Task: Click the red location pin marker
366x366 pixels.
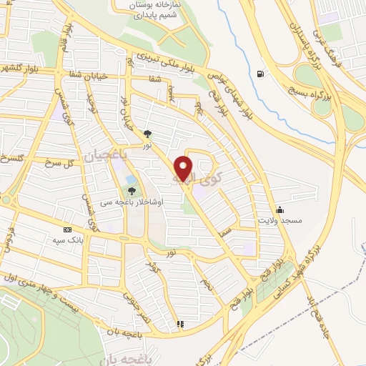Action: (x=184, y=169)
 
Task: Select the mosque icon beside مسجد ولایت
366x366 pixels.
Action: (x=279, y=209)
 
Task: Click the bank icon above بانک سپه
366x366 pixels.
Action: (x=68, y=229)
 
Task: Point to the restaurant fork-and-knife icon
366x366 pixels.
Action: (x=180, y=325)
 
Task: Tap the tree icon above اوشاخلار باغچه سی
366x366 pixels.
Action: (x=132, y=191)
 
